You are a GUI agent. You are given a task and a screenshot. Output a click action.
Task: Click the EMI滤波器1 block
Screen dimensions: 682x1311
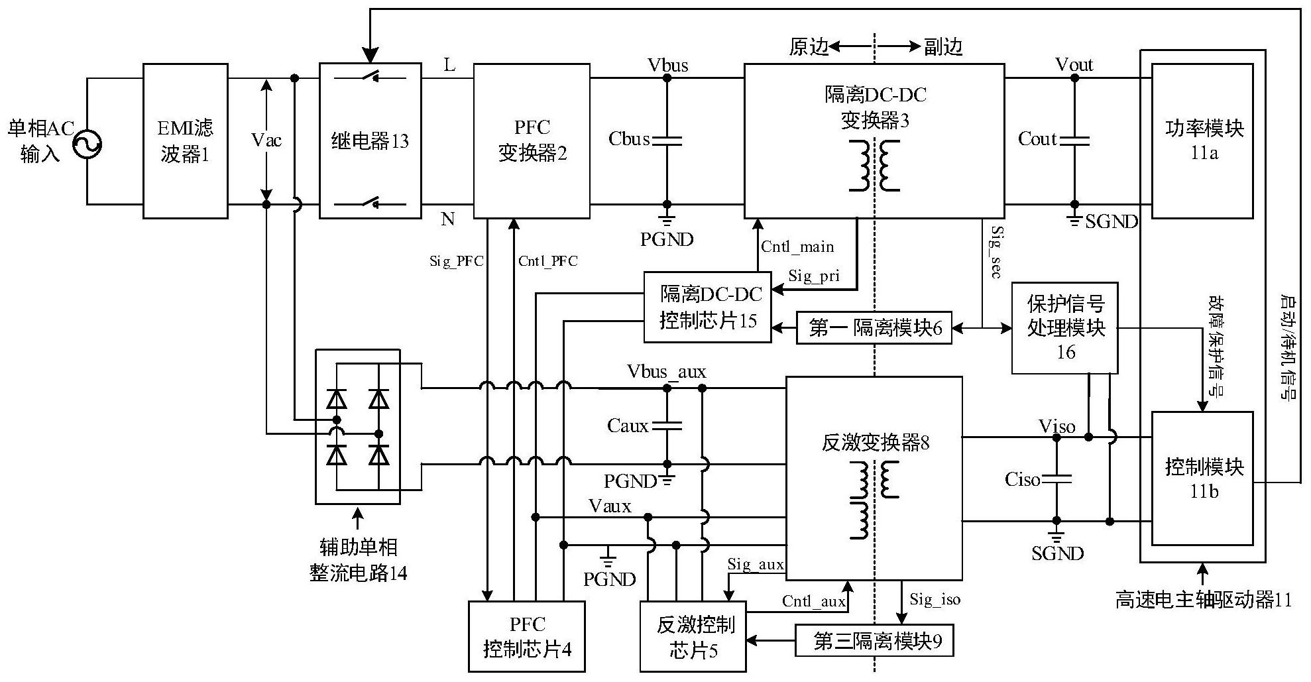coord(186,141)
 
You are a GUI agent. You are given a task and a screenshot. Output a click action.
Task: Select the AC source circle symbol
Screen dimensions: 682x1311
coord(87,142)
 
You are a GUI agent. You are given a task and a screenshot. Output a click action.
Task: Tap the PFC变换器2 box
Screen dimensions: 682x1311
coord(532,141)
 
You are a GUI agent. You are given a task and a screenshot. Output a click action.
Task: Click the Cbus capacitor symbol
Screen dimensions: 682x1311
coord(667,140)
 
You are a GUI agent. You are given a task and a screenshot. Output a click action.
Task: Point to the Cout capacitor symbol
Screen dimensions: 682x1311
coord(1074,140)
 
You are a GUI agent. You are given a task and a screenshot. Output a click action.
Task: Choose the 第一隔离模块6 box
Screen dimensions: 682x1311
coord(874,327)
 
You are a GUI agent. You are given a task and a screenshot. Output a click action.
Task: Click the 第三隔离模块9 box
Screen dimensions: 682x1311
coord(874,641)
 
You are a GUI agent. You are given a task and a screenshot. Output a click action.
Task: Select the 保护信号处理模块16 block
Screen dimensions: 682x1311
coord(1064,328)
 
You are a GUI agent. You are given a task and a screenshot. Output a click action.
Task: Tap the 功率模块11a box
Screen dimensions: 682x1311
coord(1202,141)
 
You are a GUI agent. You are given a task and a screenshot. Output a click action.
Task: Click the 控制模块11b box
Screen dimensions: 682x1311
coord(1202,478)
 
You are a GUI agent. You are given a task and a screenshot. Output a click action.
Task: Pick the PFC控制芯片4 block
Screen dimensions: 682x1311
coord(527,636)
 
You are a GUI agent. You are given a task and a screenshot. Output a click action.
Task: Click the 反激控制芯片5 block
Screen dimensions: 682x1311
coord(693,636)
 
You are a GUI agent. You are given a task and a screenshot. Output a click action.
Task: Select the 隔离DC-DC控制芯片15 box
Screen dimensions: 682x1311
coord(708,307)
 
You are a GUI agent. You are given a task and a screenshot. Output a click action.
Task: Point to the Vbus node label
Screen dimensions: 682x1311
coord(667,65)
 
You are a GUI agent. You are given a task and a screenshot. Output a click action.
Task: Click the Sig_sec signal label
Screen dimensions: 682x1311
coord(996,252)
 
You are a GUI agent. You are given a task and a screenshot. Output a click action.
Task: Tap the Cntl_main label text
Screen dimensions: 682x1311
coord(797,247)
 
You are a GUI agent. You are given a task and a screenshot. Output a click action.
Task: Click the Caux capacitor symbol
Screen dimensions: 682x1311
coord(667,426)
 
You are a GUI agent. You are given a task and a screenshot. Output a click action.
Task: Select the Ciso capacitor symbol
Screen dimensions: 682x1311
coord(1056,479)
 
